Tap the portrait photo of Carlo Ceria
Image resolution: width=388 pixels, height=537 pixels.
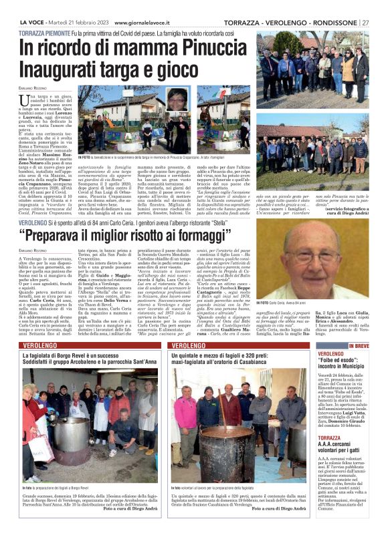[x=323, y=259]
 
